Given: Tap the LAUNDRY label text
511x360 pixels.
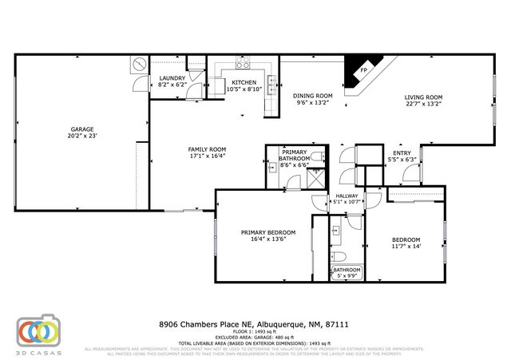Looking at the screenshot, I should coord(172,77).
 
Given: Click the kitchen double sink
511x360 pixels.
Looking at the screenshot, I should coord(272,80).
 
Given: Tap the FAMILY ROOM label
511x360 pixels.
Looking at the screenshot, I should coord(207,149).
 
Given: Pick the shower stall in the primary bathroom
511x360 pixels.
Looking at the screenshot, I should coord(317,179).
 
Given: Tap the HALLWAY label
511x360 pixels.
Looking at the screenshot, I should coord(347,196).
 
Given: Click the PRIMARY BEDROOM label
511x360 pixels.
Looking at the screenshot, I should coord(268,232).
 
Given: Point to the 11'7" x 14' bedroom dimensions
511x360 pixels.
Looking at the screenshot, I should coord(406,247).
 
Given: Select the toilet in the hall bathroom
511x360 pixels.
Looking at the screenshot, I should coord(337,255).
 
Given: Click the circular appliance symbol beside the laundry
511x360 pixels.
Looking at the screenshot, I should coord(138,64).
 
